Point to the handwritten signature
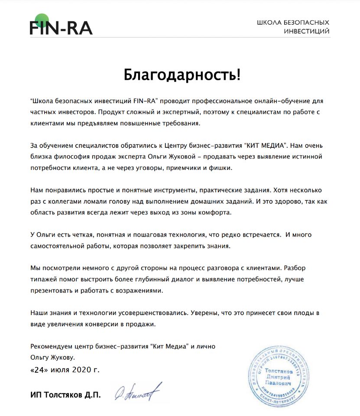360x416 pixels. click(138, 392)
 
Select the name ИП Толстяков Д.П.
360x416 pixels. click(65, 395)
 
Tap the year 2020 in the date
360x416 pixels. click(81, 371)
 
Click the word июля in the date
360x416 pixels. click(60, 371)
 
